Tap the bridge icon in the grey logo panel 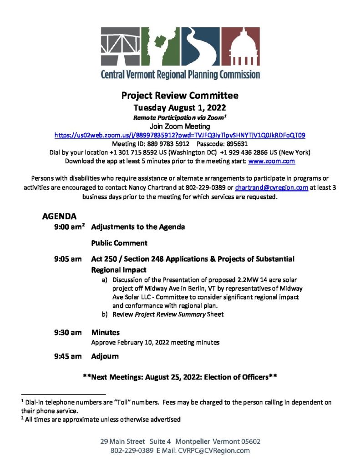point(120,46)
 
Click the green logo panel point(160,46)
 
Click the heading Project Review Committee point(180,96)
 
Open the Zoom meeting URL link point(180,135)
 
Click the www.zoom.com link point(272,161)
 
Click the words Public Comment point(119,243)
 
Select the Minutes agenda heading point(105,333)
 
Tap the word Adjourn point(105,356)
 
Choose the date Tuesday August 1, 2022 point(180,108)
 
